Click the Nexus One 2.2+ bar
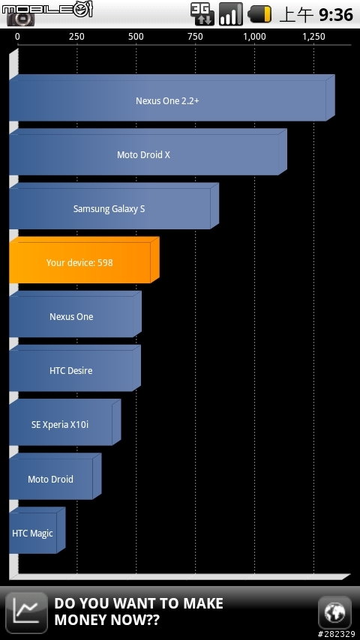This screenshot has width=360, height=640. (x=172, y=98)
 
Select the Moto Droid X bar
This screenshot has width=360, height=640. (x=148, y=152)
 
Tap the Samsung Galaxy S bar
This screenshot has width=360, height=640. (x=113, y=206)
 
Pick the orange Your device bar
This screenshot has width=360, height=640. (x=84, y=260)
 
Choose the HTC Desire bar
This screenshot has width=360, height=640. (x=75, y=368)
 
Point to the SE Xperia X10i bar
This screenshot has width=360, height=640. (x=65, y=422)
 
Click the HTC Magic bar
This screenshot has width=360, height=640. (x=37, y=530)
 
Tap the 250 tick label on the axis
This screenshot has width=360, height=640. (x=76, y=37)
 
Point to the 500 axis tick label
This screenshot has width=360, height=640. (x=136, y=37)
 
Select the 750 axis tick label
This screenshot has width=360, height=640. (x=195, y=37)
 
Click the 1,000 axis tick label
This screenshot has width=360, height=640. (x=254, y=37)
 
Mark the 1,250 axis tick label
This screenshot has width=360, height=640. (x=313, y=37)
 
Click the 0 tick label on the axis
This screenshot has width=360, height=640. (x=17, y=37)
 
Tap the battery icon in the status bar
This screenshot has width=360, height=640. (x=260, y=14)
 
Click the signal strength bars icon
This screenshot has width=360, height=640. (x=231, y=14)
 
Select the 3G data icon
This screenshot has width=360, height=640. (x=202, y=14)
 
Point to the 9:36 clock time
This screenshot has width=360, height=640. (x=336, y=15)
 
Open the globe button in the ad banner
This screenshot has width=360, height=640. (x=334, y=612)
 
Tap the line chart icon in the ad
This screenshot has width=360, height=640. (x=26, y=613)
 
